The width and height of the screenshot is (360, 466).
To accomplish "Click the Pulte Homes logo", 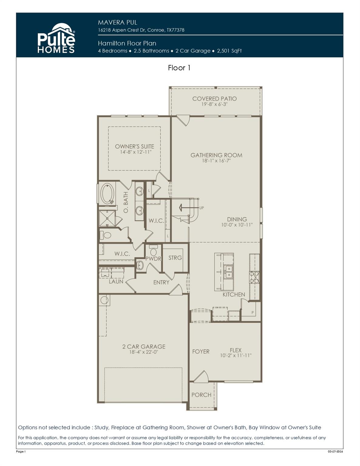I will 56,39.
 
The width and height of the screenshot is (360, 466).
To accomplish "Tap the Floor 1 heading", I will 179,68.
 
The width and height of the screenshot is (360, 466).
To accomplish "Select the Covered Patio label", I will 214,99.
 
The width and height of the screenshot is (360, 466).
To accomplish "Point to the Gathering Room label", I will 216,155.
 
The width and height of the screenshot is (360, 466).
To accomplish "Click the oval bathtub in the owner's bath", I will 107,193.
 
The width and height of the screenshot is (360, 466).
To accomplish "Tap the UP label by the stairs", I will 202,208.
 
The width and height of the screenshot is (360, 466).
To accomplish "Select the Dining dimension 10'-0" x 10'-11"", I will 237,225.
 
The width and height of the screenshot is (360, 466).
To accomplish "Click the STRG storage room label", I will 175,258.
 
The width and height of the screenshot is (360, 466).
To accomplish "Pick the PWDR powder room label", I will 153,259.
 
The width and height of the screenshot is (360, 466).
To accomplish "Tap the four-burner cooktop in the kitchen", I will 254,277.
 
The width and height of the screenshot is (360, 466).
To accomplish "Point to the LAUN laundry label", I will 116,282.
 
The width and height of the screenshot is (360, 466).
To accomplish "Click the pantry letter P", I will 252,312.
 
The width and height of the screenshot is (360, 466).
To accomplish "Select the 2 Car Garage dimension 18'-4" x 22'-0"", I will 144,352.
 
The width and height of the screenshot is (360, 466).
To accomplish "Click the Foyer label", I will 201,351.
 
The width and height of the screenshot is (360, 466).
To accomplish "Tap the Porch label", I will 201,395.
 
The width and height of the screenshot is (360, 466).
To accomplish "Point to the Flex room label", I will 236,350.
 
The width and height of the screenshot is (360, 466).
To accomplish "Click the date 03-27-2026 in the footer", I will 335,452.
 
